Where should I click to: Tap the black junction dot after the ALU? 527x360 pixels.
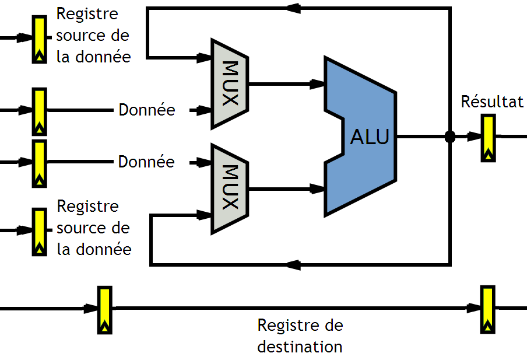pos(450,137)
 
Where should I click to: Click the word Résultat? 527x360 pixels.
pos(492,102)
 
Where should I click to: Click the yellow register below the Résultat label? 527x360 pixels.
pos(488,138)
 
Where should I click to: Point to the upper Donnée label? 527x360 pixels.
pos(146,110)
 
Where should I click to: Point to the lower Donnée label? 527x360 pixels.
pos(146,162)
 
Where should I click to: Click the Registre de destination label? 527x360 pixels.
pos(300,335)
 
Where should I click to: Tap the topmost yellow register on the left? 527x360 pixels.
pos(39,39)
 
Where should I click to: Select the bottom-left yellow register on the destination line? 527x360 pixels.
pos(104,310)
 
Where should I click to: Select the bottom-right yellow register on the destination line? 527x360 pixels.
pos(487,309)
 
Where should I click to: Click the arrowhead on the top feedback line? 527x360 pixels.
pos(293,8)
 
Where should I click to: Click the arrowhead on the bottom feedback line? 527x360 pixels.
pos(293,265)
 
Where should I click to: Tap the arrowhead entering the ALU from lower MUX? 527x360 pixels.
pos(318,188)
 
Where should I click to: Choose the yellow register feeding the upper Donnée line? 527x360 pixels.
pos(39,111)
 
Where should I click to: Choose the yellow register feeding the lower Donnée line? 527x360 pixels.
pos(39,163)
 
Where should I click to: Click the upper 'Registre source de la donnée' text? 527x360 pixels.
pos(93,36)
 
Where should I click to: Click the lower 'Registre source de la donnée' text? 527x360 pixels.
pos(94,228)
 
